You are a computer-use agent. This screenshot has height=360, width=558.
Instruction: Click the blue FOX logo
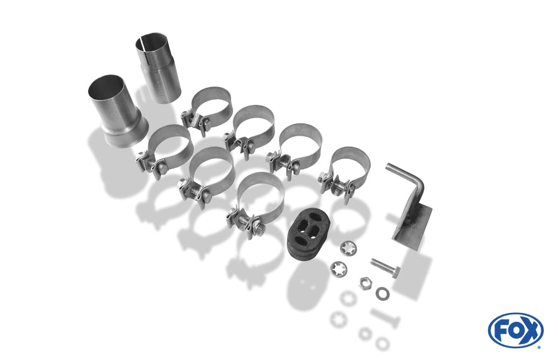click(516, 330)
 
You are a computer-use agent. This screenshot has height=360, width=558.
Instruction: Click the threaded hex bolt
click(385, 268)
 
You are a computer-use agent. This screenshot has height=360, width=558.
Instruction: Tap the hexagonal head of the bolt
click(395, 272)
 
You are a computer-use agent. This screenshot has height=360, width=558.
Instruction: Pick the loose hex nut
click(365, 283)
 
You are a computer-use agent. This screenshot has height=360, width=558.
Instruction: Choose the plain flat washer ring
click(382, 294)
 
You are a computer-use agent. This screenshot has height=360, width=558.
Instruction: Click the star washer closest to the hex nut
click(339, 269)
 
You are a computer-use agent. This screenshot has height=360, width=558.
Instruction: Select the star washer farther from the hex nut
click(348, 248)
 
